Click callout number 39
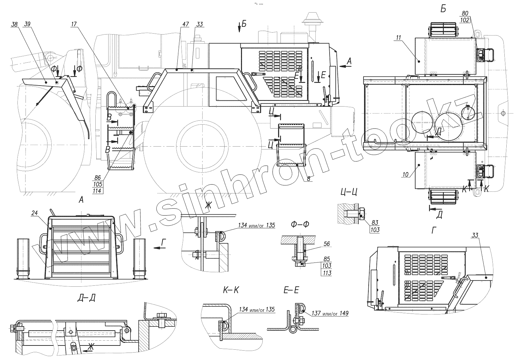27,24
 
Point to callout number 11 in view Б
398,38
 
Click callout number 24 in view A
35,213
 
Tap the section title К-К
231,290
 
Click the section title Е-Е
291,290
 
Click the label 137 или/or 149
330,313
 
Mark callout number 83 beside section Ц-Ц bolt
375,223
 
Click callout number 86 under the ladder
98,178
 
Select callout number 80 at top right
465,14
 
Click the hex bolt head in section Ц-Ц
362,213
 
